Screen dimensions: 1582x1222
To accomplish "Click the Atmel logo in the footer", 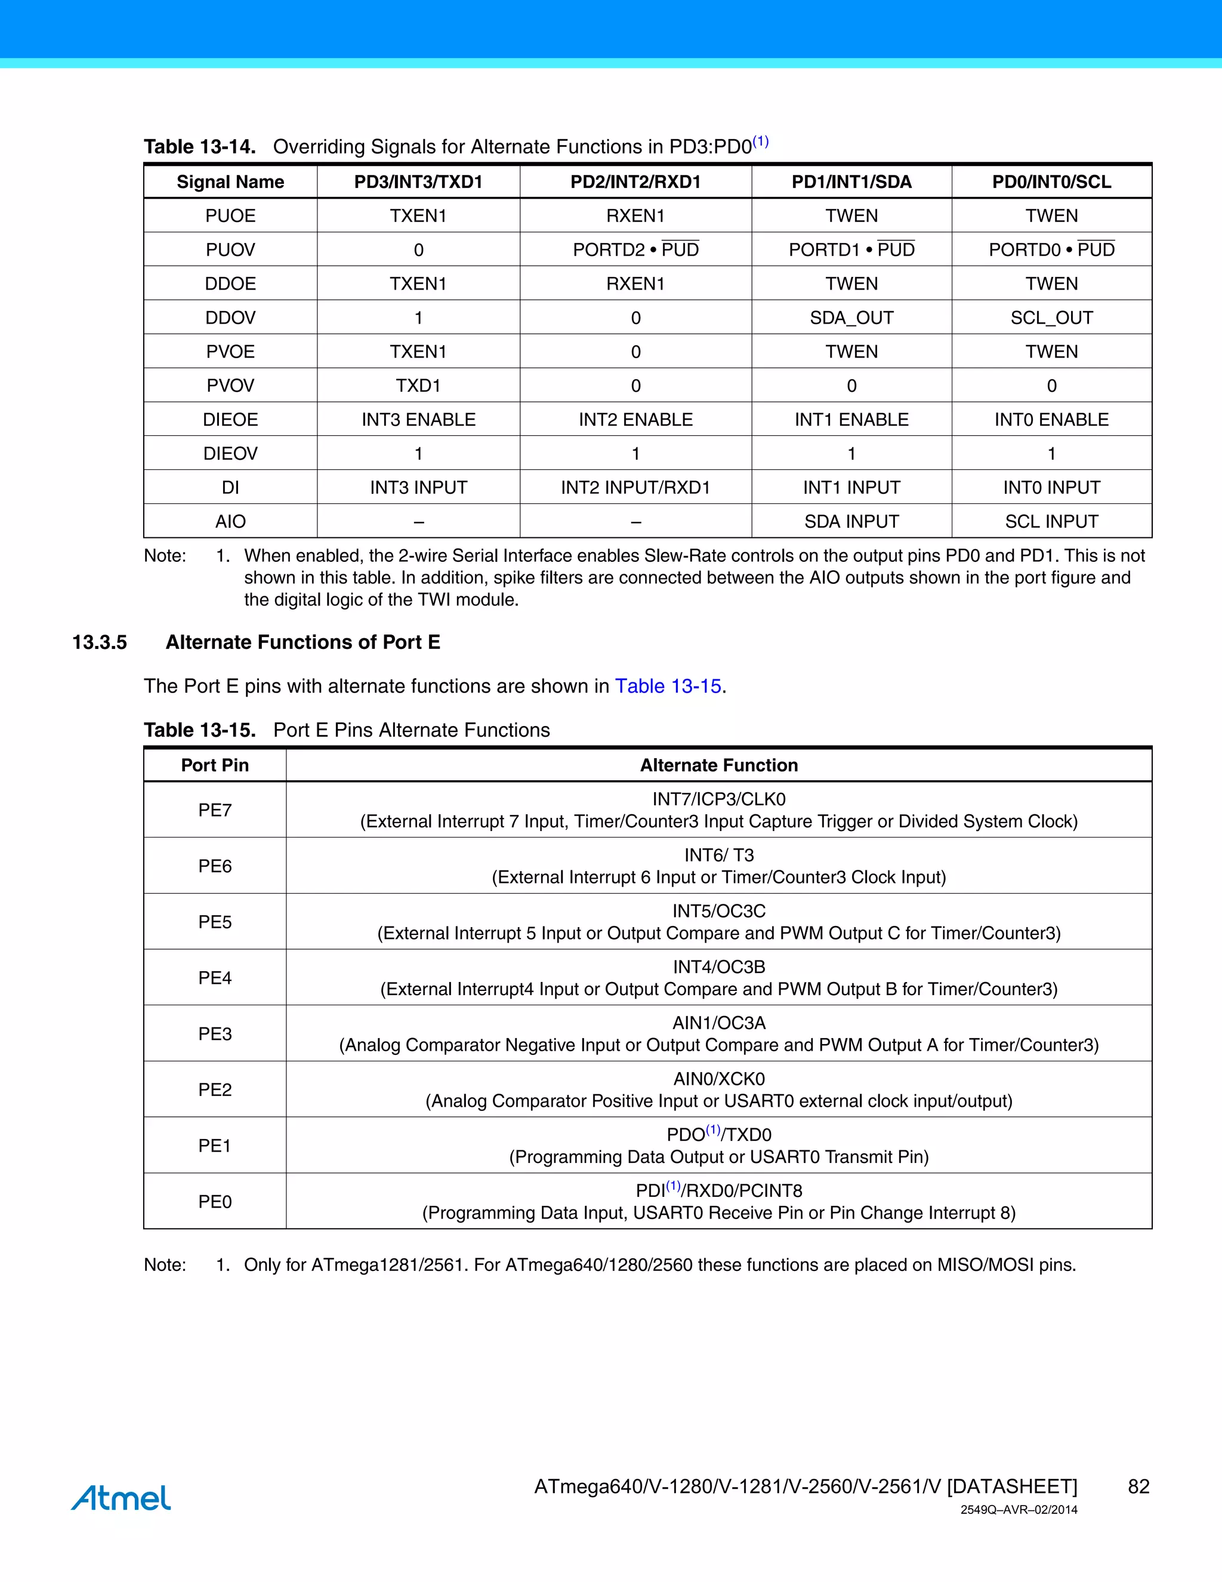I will (121, 1497).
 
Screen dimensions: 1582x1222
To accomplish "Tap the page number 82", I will (1138, 1486).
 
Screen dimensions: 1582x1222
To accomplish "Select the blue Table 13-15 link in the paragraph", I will (668, 686).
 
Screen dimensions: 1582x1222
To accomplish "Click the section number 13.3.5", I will (100, 642).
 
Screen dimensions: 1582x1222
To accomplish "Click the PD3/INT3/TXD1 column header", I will (418, 182).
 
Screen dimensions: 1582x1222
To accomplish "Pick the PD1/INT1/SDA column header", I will (851, 182).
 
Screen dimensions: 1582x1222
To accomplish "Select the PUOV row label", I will (230, 250).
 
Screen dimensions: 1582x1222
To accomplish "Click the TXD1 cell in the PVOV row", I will (418, 386).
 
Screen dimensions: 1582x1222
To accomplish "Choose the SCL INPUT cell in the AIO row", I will (1051, 522).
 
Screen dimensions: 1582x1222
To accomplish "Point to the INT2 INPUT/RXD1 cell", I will (635, 488).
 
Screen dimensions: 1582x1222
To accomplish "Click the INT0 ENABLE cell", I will (1051, 420).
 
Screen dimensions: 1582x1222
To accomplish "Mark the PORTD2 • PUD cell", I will (635, 250).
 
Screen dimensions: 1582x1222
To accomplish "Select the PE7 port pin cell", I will (215, 810).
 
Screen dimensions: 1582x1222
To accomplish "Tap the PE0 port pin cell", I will (215, 1202).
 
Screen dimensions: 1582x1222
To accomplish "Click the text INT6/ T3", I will (719, 855).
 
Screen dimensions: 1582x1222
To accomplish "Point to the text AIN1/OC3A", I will (719, 1023).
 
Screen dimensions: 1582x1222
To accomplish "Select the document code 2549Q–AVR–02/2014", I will (1019, 1510).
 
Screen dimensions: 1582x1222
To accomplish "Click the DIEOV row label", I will (230, 454).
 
